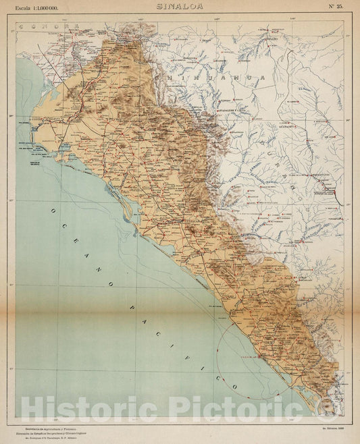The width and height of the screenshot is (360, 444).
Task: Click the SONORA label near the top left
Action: pyautogui.click(x=44, y=26)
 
